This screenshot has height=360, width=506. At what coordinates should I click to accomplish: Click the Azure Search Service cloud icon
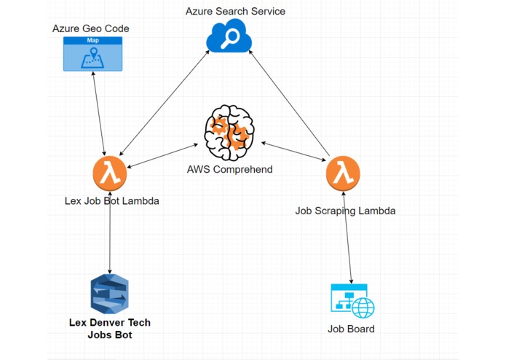229,36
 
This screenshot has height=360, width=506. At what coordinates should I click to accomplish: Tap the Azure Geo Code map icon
92,54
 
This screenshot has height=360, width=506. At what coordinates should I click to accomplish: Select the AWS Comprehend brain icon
229,133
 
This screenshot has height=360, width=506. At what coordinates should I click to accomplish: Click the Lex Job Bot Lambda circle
110,173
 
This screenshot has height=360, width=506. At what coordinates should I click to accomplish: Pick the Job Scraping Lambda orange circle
343,173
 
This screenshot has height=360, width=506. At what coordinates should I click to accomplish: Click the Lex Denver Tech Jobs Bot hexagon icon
110,294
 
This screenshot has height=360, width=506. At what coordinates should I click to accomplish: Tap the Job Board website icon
352,301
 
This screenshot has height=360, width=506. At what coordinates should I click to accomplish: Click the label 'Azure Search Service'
235,12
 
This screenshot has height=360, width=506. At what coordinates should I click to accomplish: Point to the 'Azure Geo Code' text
91,28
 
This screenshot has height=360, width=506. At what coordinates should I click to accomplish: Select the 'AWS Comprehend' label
230,169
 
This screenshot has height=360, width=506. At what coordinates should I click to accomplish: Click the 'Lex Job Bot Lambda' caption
111,201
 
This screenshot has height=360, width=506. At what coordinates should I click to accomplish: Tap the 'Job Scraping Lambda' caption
345,211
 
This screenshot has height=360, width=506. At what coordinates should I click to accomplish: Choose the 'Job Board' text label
351,329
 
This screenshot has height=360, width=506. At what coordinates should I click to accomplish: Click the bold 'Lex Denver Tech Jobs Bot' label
110,329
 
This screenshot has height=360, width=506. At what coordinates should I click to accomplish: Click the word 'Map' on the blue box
92,40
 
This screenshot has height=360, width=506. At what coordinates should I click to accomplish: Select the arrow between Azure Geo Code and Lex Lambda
99,114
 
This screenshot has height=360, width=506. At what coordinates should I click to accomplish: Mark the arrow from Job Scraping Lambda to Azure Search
289,103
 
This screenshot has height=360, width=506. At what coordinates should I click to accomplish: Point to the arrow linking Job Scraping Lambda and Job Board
347,238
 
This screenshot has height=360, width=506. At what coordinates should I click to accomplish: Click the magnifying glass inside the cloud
229,39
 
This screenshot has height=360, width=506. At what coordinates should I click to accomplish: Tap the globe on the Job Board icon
363,308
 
